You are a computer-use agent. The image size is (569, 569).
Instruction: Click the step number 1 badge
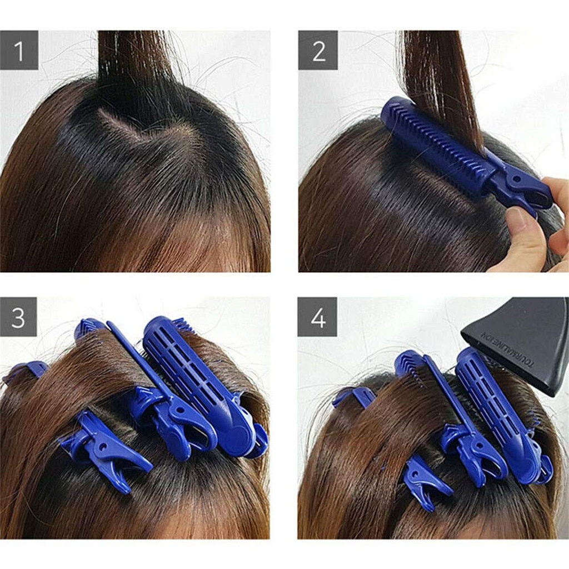(19, 51)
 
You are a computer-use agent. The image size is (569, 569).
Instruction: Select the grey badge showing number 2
(318, 51)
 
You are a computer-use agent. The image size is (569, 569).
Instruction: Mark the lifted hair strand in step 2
(439, 72)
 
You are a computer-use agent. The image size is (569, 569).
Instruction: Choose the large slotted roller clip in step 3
(194, 378)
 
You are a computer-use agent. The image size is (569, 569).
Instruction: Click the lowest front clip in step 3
(106, 450)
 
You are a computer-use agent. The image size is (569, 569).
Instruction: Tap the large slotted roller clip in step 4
(500, 411)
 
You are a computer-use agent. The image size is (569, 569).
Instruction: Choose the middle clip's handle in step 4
(472, 450)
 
